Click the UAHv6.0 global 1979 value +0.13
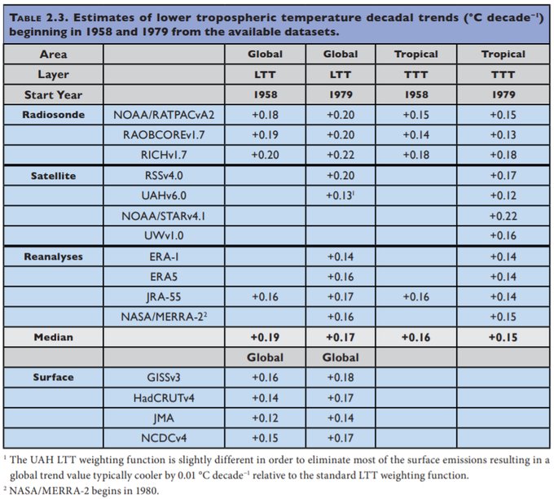(x=340, y=195)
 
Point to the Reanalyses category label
(x=53, y=256)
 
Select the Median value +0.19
(x=265, y=336)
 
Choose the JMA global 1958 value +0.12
(x=265, y=418)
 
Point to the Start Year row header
(x=53, y=94)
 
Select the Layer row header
(x=53, y=74)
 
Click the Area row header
(x=53, y=55)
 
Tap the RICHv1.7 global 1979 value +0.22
(x=341, y=155)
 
